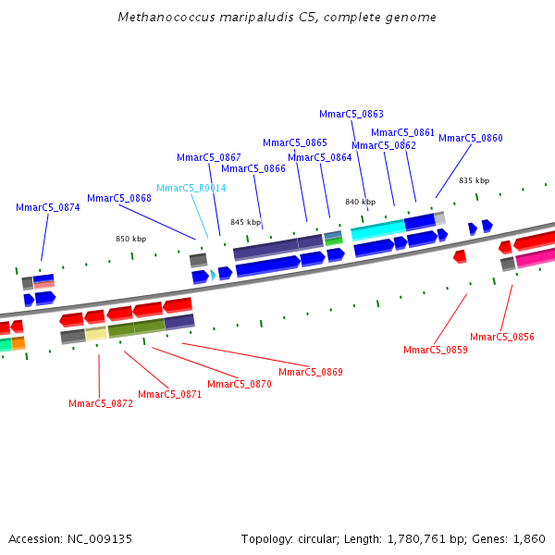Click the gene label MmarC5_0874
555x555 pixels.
tap(48, 207)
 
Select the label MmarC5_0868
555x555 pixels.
tap(119, 198)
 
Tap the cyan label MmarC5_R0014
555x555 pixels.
tap(191, 188)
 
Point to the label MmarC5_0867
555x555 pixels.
tap(209, 157)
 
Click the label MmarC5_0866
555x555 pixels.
tap(253, 168)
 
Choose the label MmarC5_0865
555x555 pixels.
tap(295, 142)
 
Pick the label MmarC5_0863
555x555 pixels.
tap(351, 114)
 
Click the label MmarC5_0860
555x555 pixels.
tap(471, 138)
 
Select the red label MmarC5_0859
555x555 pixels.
tap(436, 350)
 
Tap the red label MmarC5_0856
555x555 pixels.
tap(502, 337)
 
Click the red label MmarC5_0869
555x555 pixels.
tap(311, 372)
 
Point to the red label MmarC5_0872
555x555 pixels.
tap(101, 403)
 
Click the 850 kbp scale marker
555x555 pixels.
tap(131, 239)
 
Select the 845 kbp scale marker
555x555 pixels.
tap(246, 222)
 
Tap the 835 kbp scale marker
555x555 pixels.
tap(475, 180)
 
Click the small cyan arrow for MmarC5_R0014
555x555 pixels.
tap(213, 275)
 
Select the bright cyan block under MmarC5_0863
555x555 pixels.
tap(377, 228)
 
